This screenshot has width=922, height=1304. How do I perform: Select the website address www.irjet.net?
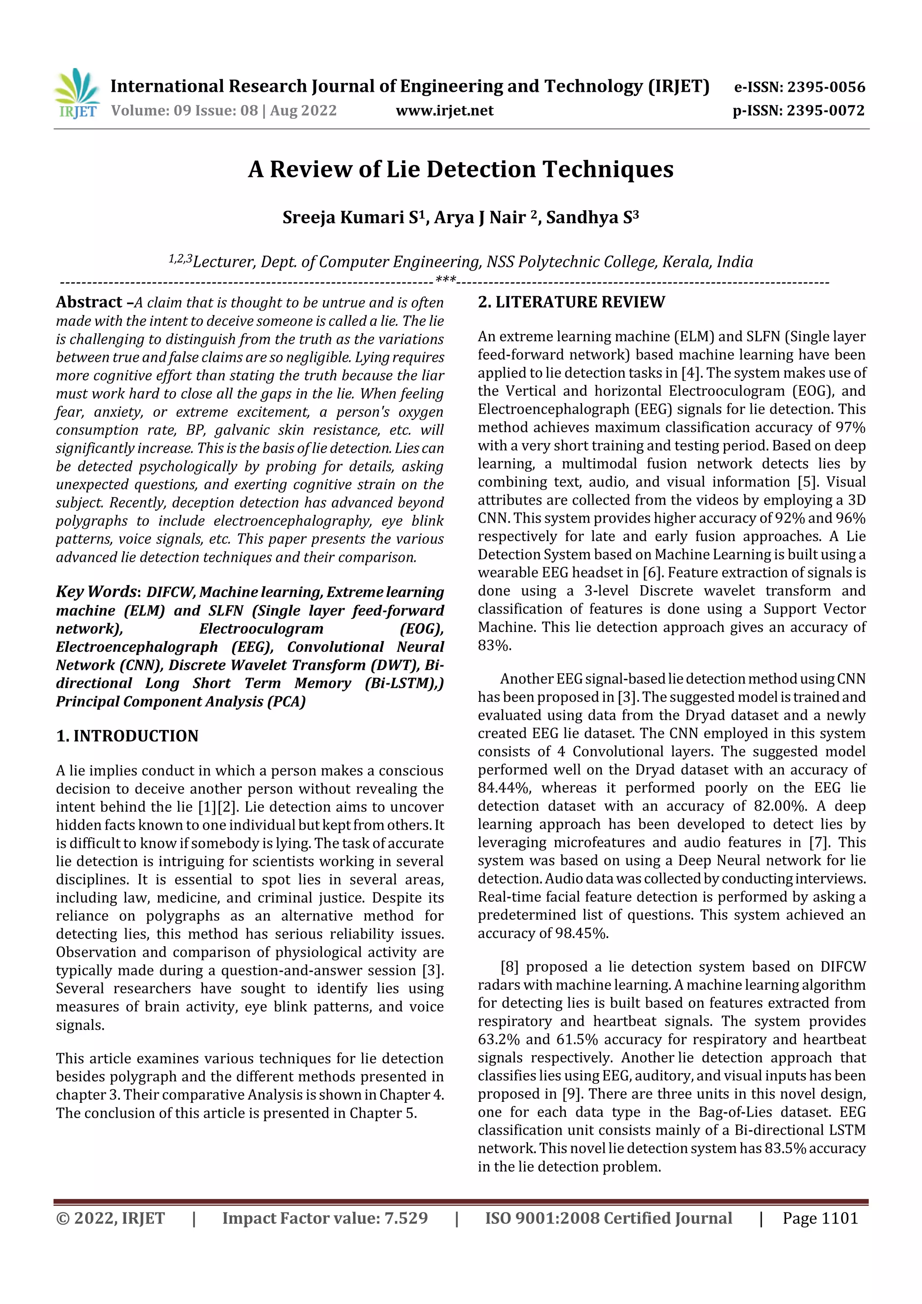coord(444,111)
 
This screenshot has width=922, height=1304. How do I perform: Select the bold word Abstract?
coord(89,302)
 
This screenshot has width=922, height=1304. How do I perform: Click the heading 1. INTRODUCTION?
coord(127,736)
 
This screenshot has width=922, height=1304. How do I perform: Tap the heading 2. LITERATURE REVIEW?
coord(571,302)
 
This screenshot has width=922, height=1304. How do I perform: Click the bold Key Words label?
coord(96,592)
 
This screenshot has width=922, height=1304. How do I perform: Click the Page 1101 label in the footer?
coord(820,1218)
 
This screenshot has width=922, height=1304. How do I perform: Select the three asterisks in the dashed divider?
coord(445,280)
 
